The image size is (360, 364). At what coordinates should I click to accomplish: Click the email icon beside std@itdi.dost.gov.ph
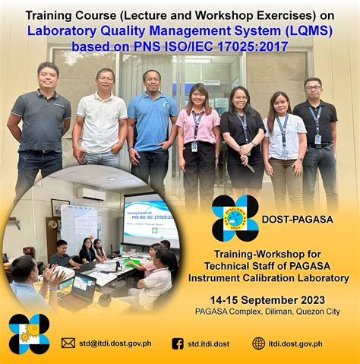pyautogui.click(x=68, y=343)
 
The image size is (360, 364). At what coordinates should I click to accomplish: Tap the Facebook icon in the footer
pyautogui.click(x=178, y=343)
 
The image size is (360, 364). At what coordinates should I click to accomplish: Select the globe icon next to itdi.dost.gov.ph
pyautogui.click(x=259, y=343)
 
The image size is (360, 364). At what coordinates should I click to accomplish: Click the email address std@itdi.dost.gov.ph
pyautogui.click(x=116, y=343)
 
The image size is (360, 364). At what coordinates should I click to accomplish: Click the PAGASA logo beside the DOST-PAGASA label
pyautogui.click(x=235, y=218)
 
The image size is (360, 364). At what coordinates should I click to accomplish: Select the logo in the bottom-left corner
pyautogui.click(x=29, y=334)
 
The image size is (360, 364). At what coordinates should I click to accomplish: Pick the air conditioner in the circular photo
pyautogui.click(x=91, y=193)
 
